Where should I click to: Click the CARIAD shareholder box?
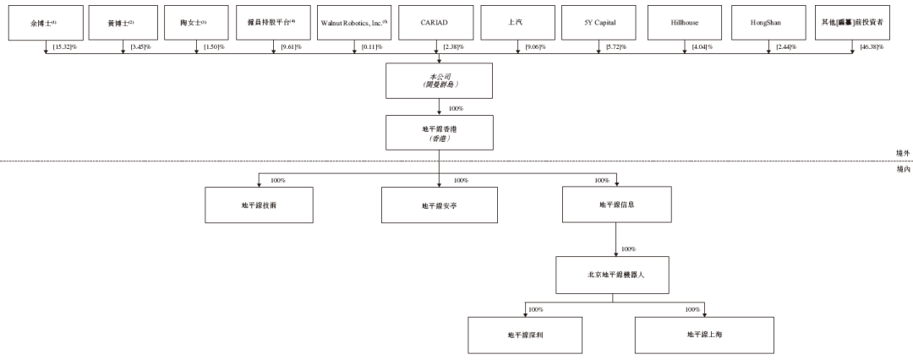pos(439,22)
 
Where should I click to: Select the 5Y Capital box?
pos(599,22)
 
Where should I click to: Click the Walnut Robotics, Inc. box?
pos(354,22)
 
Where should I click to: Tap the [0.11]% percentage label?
pos(369,47)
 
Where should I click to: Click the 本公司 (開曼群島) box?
pos(439,80)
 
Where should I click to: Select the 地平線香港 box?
pos(439,134)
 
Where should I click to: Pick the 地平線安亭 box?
pos(439,205)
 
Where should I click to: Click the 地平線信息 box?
pos(617,205)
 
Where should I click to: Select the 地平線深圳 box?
pos(526,335)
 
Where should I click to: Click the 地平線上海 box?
pos(704,335)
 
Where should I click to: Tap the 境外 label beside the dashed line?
pos(903,153)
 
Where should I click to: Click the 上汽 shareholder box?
pos(518,22)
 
